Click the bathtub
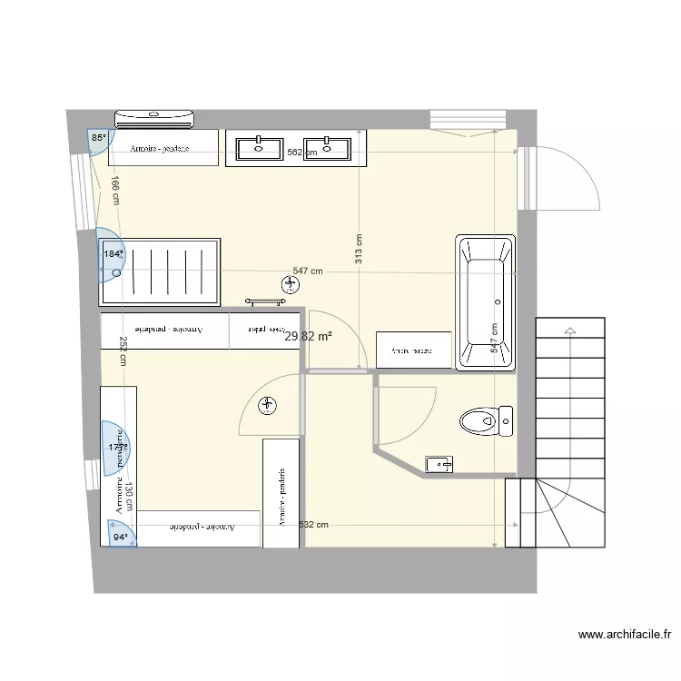click(x=486, y=301)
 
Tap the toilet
click(x=487, y=420)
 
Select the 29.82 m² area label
click(x=308, y=336)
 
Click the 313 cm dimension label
click(x=360, y=250)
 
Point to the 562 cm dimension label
click(x=301, y=153)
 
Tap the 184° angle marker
click(x=113, y=255)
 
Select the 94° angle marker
click(x=121, y=538)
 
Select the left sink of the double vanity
click(x=260, y=147)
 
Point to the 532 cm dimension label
click(x=313, y=524)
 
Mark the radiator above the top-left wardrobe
click(x=155, y=117)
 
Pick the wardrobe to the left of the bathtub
click(x=414, y=350)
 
